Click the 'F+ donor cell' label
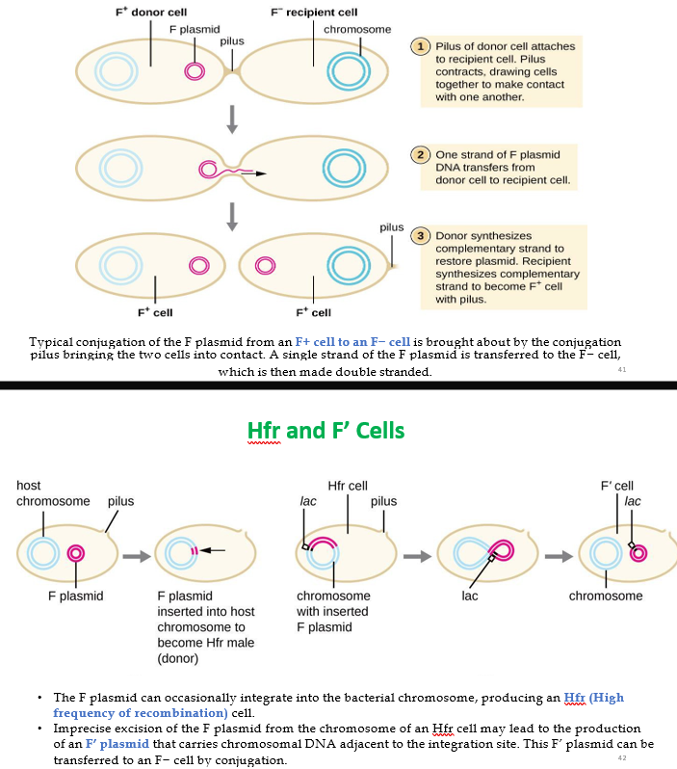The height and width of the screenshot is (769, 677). tap(144, 13)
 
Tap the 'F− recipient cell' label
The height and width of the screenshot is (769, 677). tap(314, 13)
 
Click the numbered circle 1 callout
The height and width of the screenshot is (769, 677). tap(420, 45)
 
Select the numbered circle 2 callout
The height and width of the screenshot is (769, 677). tap(420, 154)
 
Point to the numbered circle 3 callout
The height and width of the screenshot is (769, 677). tap(420, 235)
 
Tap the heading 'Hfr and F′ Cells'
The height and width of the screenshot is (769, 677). tap(325, 430)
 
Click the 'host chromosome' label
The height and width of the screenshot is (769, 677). tap(53, 493)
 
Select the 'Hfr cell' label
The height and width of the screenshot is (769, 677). tap(347, 486)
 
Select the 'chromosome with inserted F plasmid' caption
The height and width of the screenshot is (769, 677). tap(333, 611)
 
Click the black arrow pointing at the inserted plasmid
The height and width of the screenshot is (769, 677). tap(215, 550)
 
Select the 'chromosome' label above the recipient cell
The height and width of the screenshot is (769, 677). tap(357, 29)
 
